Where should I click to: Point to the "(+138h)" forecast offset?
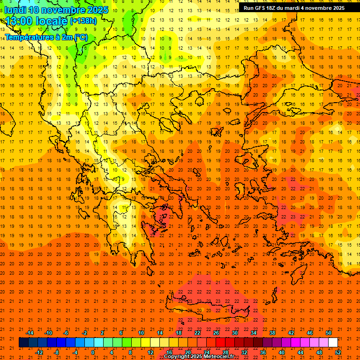[83, 21]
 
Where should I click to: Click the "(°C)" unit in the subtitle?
[81, 37]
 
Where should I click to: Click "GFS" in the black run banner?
[260, 8]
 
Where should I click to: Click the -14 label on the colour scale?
[30, 333]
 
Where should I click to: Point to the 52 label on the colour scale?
[338, 352]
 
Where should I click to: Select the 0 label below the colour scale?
[93, 352]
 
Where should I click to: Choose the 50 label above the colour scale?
[328, 333]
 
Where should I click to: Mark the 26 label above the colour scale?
[216, 333]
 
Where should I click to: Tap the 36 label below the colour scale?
[263, 352]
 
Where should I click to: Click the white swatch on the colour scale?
[333, 343]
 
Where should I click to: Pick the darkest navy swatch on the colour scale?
[23, 343]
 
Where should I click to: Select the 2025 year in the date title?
[97, 10]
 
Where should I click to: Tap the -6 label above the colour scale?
[66, 333]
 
